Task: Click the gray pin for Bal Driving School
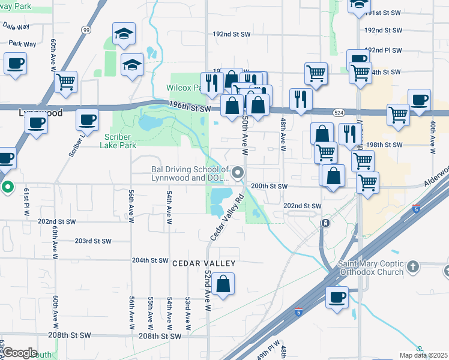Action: (x=238, y=173)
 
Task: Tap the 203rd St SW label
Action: (x=93, y=241)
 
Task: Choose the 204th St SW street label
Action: (x=150, y=260)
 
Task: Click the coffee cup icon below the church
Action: (x=337, y=296)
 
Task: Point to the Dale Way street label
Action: (x=16, y=26)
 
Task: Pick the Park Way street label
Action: (x=23, y=43)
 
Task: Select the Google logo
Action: (x=20, y=353)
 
